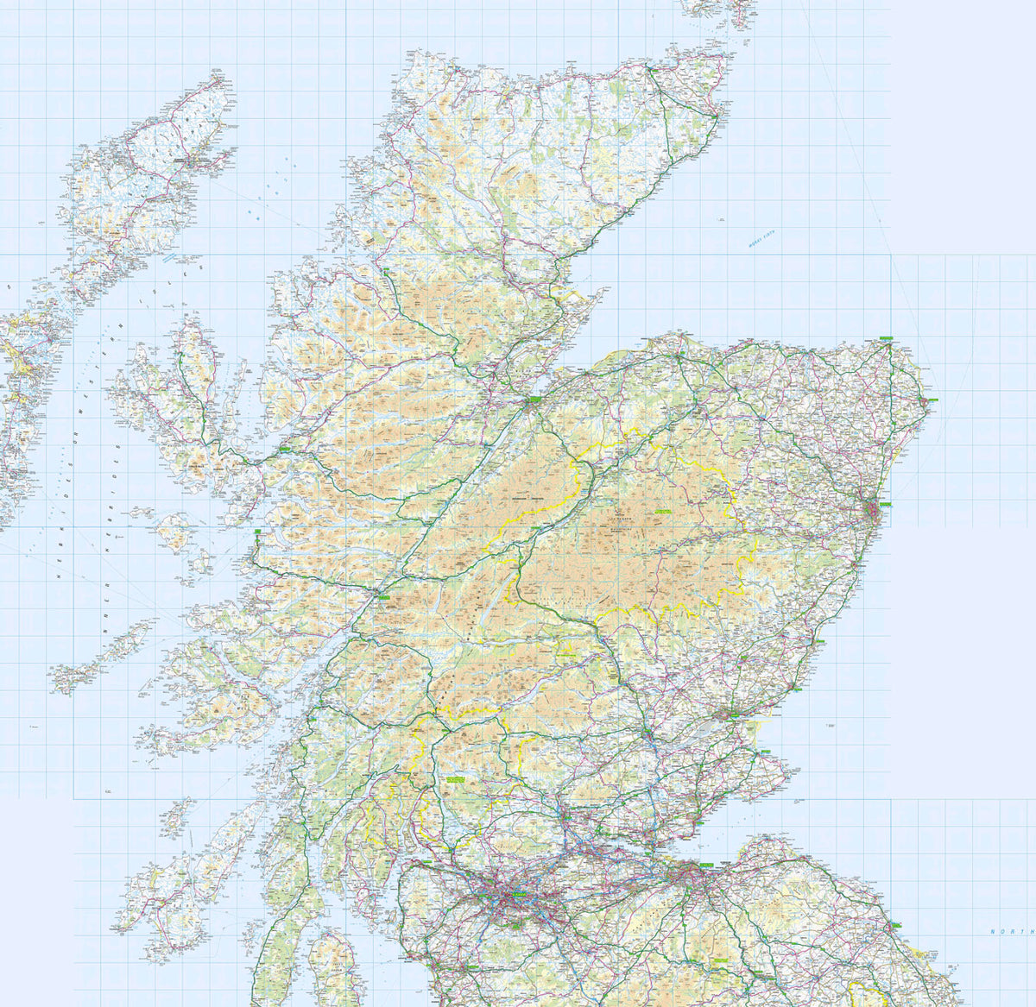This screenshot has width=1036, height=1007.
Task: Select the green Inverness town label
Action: pos(532,400)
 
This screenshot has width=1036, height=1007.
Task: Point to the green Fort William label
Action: pos(382,596)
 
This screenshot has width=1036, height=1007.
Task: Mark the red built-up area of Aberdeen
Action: pos(874,515)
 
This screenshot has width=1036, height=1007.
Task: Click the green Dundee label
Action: pos(736,714)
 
